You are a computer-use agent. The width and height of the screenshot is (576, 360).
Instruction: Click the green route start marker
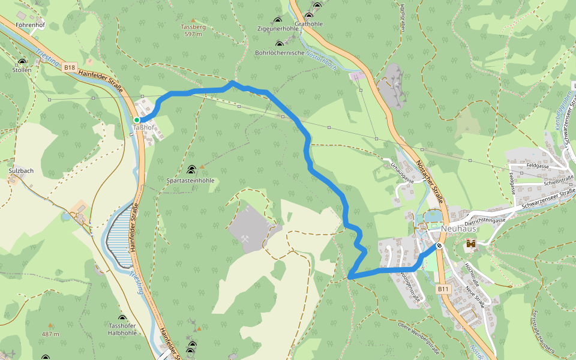(x=137, y=120)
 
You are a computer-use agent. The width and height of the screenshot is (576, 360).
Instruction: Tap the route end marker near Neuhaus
(x=440, y=245)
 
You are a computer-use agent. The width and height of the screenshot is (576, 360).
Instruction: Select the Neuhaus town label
(x=458, y=229)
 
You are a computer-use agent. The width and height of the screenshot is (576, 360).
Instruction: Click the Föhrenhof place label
(x=31, y=25)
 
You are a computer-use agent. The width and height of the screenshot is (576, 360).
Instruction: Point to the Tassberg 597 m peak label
(x=193, y=31)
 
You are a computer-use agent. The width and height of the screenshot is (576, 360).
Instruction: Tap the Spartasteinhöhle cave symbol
(x=191, y=170)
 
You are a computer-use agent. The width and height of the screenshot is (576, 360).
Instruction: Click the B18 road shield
(x=70, y=68)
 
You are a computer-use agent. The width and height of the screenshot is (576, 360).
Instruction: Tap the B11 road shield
(x=443, y=289)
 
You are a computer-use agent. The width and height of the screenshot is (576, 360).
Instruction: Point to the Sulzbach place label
(x=21, y=171)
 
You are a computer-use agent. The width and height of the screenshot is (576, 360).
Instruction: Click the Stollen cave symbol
(x=22, y=62)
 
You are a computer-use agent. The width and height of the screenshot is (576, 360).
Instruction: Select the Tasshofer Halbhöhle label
(x=122, y=329)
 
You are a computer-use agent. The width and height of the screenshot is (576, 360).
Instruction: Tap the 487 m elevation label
(x=50, y=334)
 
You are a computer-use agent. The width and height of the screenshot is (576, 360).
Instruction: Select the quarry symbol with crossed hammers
(x=245, y=238)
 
